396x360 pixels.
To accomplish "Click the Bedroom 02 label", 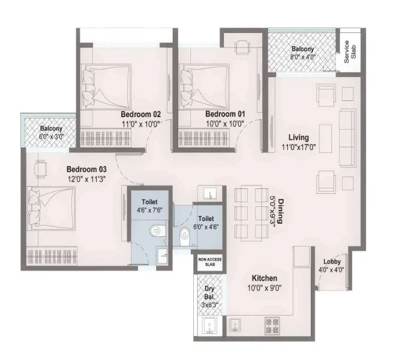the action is (x=140, y=114).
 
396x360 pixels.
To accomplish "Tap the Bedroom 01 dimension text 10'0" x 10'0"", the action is (x=225, y=124).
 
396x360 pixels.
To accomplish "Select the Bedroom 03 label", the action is (x=86, y=169).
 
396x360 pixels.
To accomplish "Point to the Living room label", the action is (x=299, y=137).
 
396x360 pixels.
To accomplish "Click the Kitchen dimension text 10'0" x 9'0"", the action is (x=265, y=288).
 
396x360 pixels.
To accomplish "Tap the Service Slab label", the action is (x=350, y=52).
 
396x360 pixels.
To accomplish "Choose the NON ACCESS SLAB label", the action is (x=210, y=262).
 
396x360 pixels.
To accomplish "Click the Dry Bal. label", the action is (x=209, y=293).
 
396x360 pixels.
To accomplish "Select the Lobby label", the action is (x=332, y=262).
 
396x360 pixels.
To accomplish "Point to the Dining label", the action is (x=281, y=211).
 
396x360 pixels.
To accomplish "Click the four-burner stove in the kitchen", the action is (x=272, y=326).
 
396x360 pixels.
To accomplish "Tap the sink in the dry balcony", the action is (x=209, y=326).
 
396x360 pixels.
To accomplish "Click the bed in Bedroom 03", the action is (x=52, y=209).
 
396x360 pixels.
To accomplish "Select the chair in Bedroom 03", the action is (x=41, y=169).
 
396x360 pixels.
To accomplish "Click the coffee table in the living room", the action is (x=326, y=139).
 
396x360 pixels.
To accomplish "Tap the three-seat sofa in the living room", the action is (x=348, y=138).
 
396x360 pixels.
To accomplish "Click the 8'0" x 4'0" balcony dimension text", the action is (x=303, y=57).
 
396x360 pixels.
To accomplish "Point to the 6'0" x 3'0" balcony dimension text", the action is (x=51, y=137).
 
